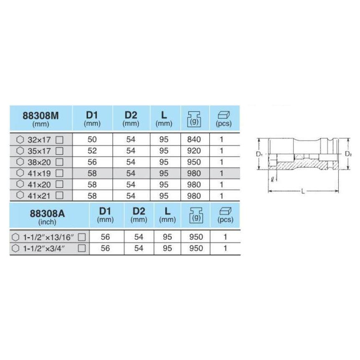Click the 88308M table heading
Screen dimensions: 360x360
[41, 116]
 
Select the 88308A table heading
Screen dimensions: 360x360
[47, 214]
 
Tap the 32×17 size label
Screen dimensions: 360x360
[39, 139]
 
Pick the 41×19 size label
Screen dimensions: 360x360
[39, 173]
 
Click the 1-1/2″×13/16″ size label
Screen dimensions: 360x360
[48, 237]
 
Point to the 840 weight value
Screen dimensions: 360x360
[194, 139]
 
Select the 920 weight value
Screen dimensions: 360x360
[194, 151]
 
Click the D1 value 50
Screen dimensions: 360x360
[92, 139]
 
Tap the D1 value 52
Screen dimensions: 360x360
[92, 151]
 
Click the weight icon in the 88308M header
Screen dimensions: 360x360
[194, 119]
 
